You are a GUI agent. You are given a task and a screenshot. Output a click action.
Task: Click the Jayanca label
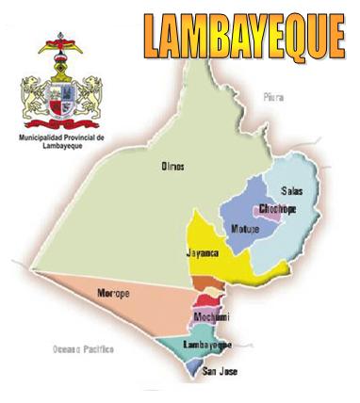coord(204,252)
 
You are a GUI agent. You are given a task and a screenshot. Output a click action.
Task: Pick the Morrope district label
coord(114,294)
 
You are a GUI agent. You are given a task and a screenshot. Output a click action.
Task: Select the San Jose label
coord(220,372)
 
